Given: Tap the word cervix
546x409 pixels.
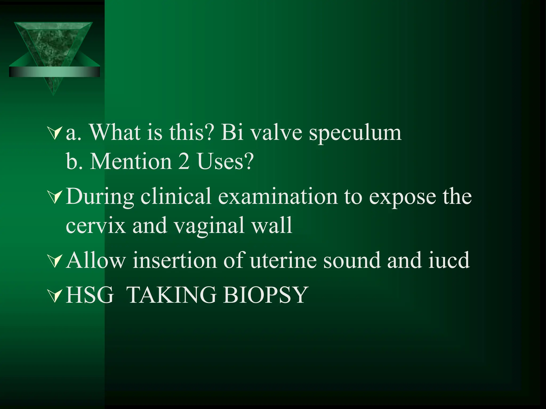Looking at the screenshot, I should (95, 226).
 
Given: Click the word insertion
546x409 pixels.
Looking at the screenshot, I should (175, 260).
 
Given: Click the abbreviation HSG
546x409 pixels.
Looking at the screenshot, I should (90, 295).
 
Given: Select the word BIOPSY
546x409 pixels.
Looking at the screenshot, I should (266, 295).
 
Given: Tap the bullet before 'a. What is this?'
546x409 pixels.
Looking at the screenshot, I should (55, 133).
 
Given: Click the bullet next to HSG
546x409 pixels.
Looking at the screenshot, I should (55, 296).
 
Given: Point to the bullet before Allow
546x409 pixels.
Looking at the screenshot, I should (55, 261).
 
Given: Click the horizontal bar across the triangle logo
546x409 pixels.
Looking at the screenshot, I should (54, 72).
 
